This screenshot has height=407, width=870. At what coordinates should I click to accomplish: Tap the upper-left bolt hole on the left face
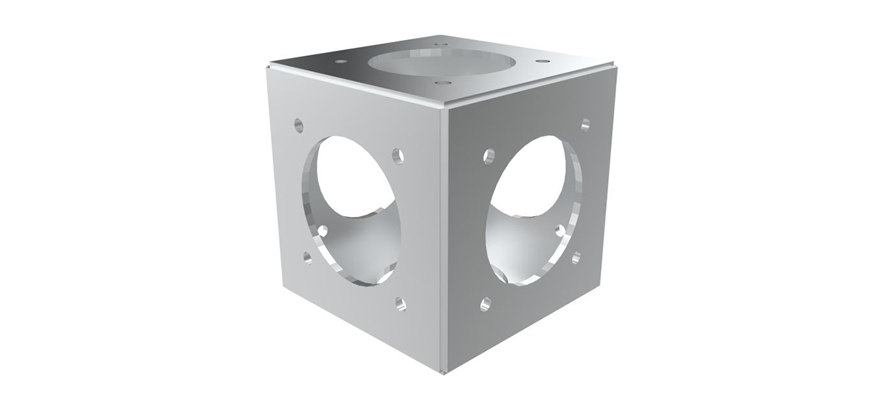(298, 124)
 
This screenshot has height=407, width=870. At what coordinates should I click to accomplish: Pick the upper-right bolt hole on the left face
(397, 155)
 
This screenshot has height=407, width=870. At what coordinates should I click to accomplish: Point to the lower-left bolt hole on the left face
(307, 258)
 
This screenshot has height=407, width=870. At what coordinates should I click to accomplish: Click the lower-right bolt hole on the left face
(400, 304)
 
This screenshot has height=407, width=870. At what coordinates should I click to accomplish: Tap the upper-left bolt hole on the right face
(489, 155)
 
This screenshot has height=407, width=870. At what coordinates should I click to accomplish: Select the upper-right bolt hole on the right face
(585, 124)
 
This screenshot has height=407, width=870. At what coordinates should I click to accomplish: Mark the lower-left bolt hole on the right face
(486, 303)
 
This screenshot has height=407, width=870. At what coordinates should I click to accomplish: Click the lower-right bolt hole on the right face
(576, 257)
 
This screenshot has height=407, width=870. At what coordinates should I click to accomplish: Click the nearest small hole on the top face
(439, 83)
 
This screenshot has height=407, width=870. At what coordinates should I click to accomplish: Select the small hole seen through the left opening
(323, 231)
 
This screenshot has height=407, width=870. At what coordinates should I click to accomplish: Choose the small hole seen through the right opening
(560, 231)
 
